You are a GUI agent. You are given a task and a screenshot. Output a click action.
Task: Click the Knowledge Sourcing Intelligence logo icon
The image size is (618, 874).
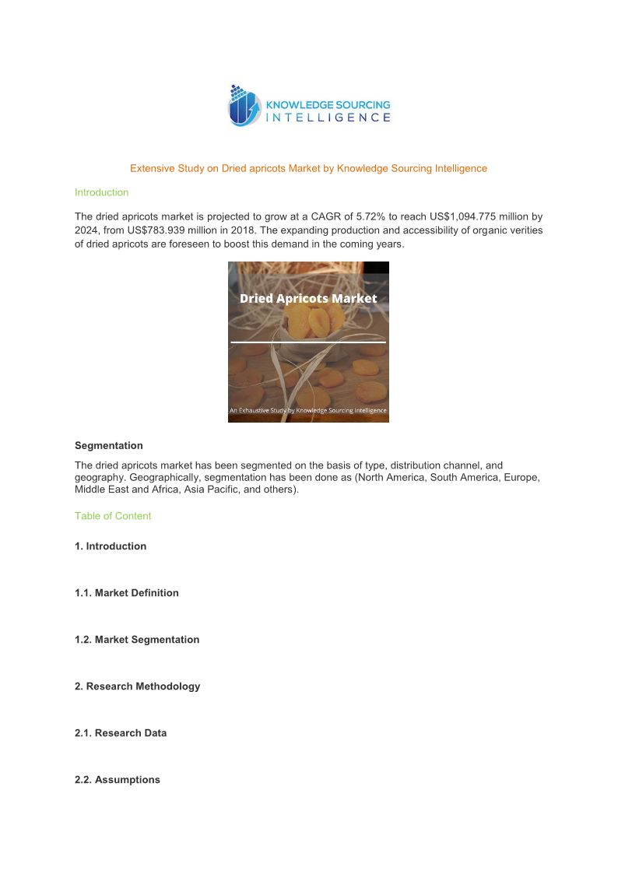244,106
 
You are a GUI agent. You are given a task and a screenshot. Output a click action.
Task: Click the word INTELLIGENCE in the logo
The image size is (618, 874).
328,118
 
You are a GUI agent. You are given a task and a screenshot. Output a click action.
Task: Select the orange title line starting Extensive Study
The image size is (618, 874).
308,168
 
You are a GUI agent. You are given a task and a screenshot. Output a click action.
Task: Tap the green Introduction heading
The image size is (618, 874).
101,192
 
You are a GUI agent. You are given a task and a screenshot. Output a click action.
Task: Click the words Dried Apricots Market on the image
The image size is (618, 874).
308,298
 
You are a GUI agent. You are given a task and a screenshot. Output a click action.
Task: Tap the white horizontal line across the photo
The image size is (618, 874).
308,342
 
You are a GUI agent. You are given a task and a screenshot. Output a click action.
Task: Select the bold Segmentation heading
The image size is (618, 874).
109,446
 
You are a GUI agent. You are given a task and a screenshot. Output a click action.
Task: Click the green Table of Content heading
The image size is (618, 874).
113,516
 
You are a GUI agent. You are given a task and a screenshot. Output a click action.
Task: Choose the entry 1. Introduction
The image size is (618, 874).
111,546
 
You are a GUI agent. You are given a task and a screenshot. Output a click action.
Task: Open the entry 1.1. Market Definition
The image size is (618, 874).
127,593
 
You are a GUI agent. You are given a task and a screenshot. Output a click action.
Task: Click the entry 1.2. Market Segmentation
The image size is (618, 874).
137,640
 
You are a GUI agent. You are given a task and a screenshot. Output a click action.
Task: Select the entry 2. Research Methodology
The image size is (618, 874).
138,686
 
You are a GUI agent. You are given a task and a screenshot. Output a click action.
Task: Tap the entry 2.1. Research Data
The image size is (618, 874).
121,733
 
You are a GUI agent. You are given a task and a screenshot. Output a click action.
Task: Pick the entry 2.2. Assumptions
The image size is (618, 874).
118,780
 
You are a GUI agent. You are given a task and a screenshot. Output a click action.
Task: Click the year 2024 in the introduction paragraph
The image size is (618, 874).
86,230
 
